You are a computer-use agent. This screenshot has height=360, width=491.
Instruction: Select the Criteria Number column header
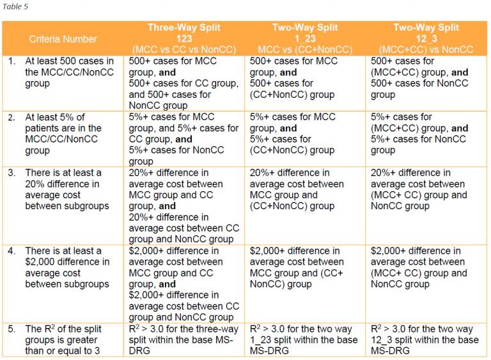click(63, 39)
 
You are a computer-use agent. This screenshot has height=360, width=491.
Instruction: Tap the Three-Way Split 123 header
click(183, 33)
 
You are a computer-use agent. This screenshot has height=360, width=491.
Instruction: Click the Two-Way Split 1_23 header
click(305, 33)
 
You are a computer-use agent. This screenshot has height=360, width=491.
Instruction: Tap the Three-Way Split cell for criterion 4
click(184, 284)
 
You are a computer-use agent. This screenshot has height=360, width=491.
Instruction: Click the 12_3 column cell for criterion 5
click(425, 339)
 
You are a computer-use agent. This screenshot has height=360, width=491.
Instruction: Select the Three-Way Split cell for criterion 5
click(183, 339)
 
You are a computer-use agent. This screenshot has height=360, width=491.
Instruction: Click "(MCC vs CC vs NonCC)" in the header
click(183, 49)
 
